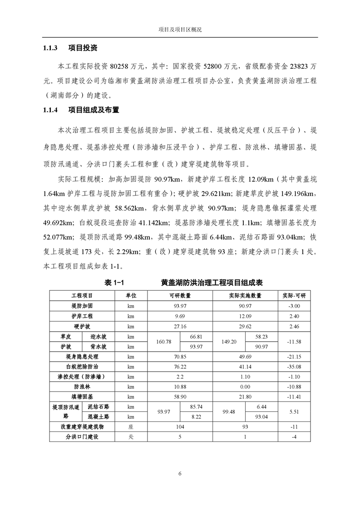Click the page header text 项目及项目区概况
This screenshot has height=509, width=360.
[180, 29]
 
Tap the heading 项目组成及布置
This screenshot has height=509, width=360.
[94, 110]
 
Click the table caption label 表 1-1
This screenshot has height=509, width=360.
[114, 283]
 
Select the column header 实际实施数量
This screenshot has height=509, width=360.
[245, 296]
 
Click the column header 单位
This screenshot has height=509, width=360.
[131, 296]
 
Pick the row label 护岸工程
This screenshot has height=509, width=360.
[82, 316]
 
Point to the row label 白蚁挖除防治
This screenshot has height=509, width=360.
[82, 367]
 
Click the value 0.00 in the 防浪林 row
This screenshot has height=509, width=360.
[245, 387]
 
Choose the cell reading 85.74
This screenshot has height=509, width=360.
[196, 407]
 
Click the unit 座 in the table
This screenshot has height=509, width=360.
[131, 427]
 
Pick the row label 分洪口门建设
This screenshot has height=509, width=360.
[82, 437]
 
